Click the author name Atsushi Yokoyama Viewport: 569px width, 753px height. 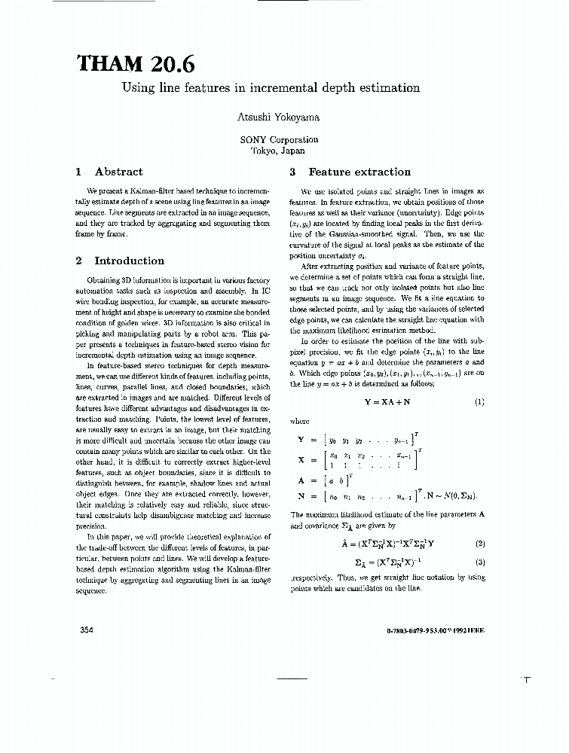pos(279,117)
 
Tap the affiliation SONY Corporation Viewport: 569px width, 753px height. pos(279,139)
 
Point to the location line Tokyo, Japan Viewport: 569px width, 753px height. pos(278,150)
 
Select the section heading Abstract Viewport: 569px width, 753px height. pos(118,172)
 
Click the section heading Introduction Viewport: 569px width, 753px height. pos(129,261)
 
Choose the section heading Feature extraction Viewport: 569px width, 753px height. pos(359,172)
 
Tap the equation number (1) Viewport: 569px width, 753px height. pos(479,402)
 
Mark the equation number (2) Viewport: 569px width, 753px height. pos(479,544)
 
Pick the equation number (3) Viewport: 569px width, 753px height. pos(479,562)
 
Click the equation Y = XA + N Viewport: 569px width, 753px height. pos(387,402)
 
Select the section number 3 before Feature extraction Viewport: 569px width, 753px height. pos(294,172)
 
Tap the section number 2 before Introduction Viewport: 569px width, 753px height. pos(79,261)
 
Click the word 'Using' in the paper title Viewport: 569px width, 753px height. pos(139,88)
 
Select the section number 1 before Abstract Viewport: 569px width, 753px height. pos(79,172)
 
